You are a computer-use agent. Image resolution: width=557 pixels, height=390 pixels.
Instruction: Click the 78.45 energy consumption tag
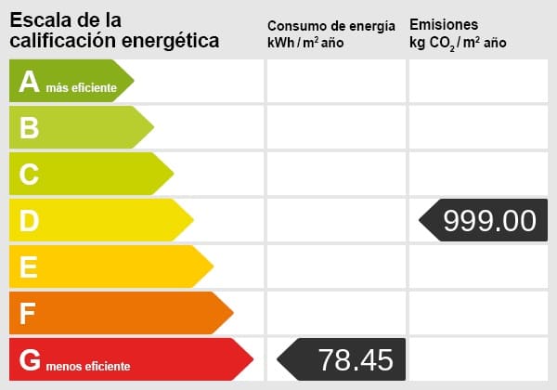[343, 359]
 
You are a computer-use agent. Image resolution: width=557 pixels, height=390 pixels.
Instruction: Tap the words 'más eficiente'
[82, 88]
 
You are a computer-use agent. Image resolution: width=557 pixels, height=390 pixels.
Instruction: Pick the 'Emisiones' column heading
[444, 24]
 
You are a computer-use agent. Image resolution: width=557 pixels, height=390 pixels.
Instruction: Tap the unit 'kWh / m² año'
[305, 43]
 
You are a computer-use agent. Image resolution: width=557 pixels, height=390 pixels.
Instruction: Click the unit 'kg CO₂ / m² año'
[458, 43]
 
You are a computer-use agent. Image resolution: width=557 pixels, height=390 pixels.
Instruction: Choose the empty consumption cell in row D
[336, 220]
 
